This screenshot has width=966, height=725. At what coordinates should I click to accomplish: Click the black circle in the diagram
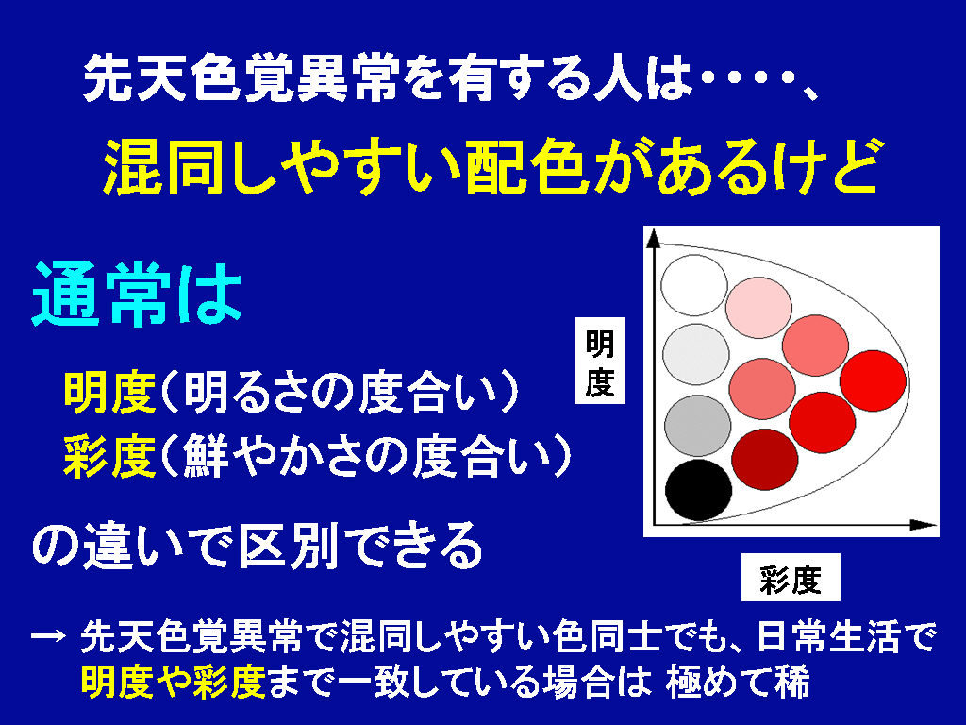[x=699, y=490]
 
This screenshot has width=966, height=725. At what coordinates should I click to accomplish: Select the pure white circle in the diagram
[x=694, y=285]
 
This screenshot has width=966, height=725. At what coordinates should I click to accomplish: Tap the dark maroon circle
[x=765, y=460]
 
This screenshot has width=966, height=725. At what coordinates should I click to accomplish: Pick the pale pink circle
[x=758, y=308]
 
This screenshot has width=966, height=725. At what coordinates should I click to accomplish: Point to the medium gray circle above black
[x=697, y=426]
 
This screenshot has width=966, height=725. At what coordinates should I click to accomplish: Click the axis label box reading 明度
[x=599, y=361]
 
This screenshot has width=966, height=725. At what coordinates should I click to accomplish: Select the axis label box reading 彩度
[x=791, y=577]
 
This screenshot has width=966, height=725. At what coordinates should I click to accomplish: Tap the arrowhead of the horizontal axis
[x=924, y=525]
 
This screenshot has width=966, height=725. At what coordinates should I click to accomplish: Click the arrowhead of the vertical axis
[x=654, y=239]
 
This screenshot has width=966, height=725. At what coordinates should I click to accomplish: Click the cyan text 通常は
[x=137, y=295]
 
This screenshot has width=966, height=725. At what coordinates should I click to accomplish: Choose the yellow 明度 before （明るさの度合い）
[x=109, y=393]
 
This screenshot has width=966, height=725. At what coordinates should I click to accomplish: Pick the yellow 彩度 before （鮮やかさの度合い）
[x=109, y=457]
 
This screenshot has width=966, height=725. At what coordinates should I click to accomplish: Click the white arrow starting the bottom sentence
[x=48, y=635]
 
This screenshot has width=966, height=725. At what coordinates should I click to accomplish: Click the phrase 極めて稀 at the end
[x=738, y=682]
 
